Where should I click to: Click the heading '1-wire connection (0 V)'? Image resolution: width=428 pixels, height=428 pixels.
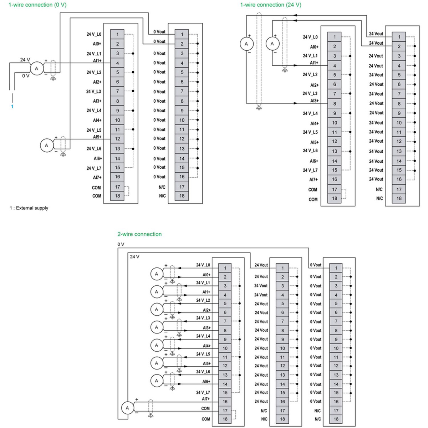[37, 5]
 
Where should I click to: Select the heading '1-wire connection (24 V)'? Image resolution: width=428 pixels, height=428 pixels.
[271, 5]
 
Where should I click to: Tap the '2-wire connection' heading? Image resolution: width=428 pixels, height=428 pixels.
[139, 234]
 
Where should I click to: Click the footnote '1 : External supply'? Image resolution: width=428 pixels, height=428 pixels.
[29, 208]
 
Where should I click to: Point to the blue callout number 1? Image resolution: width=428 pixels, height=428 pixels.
[12, 106]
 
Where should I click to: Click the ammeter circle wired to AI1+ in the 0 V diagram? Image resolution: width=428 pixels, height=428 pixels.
[36, 68]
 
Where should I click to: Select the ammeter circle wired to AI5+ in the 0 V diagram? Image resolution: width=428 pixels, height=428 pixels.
[46, 146]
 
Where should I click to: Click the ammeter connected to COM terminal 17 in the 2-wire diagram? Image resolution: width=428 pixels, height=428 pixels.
[127, 408]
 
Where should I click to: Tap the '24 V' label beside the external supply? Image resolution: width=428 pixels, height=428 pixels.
[25, 60]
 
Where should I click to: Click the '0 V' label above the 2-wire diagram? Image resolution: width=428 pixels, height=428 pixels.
[121, 244]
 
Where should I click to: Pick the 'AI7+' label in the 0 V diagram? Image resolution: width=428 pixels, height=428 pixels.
[97, 177]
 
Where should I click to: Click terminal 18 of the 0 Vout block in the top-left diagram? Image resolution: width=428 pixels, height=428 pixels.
[182, 196]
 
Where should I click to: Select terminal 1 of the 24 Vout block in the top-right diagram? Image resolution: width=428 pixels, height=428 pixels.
[399, 37]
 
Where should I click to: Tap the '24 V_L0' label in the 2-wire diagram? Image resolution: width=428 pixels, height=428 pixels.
[203, 265]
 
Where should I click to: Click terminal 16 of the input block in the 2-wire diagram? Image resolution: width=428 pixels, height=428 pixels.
[225, 402]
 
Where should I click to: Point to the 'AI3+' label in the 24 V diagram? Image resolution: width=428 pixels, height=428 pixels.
[314, 101]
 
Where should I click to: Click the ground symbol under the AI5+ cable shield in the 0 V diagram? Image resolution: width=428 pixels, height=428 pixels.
[63, 155]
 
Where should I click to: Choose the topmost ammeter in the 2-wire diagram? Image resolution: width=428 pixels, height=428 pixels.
[157, 274]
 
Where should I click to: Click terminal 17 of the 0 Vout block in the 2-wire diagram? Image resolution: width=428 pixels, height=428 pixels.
[336, 411]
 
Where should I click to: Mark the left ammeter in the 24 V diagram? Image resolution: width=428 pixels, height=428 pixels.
[246, 44]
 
